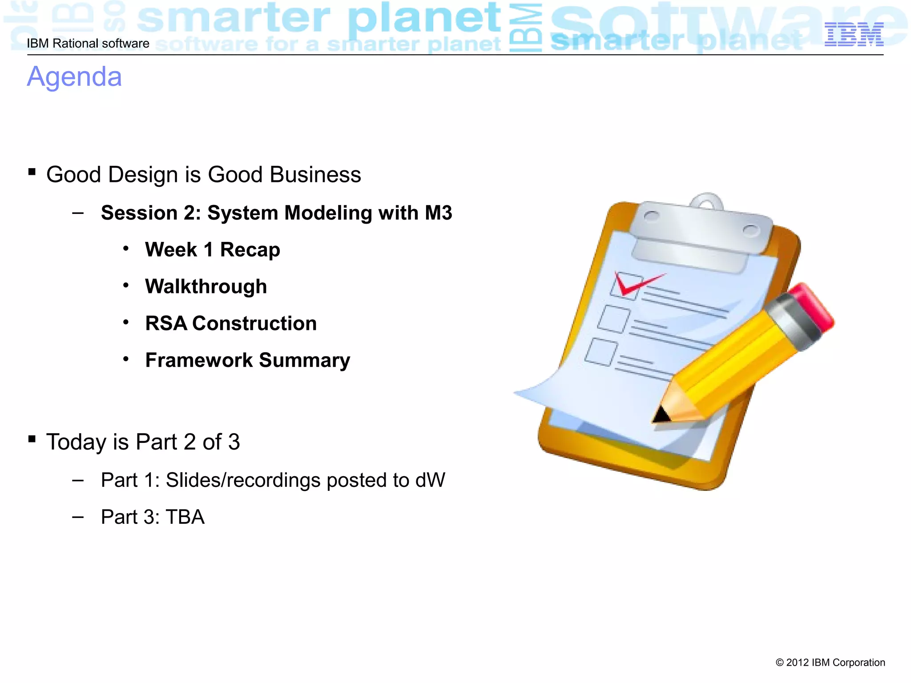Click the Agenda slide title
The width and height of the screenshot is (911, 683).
click(x=74, y=76)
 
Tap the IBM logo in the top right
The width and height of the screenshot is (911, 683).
click(x=854, y=34)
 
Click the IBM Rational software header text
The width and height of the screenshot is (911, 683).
click(x=88, y=44)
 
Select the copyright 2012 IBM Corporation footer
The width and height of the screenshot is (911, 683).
click(x=830, y=663)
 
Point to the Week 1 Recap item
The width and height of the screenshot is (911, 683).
click(x=213, y=249)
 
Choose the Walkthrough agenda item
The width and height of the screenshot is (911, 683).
click(x=206, y=286)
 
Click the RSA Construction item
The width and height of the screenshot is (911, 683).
click(x=231, y=323)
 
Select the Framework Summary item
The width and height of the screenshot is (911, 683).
click(x=248, y=360)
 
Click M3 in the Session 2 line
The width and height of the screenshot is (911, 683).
click(x=438, y=213)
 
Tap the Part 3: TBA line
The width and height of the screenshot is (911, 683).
click(x=153, y=517)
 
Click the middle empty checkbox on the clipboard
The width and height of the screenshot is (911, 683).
click(x=613, y=319)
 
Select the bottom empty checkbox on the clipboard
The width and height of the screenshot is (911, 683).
click(x=601, y=352)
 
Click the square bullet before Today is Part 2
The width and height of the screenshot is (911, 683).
click(x=32, y=439)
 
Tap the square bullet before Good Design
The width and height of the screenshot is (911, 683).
click(x=32, y=172)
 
